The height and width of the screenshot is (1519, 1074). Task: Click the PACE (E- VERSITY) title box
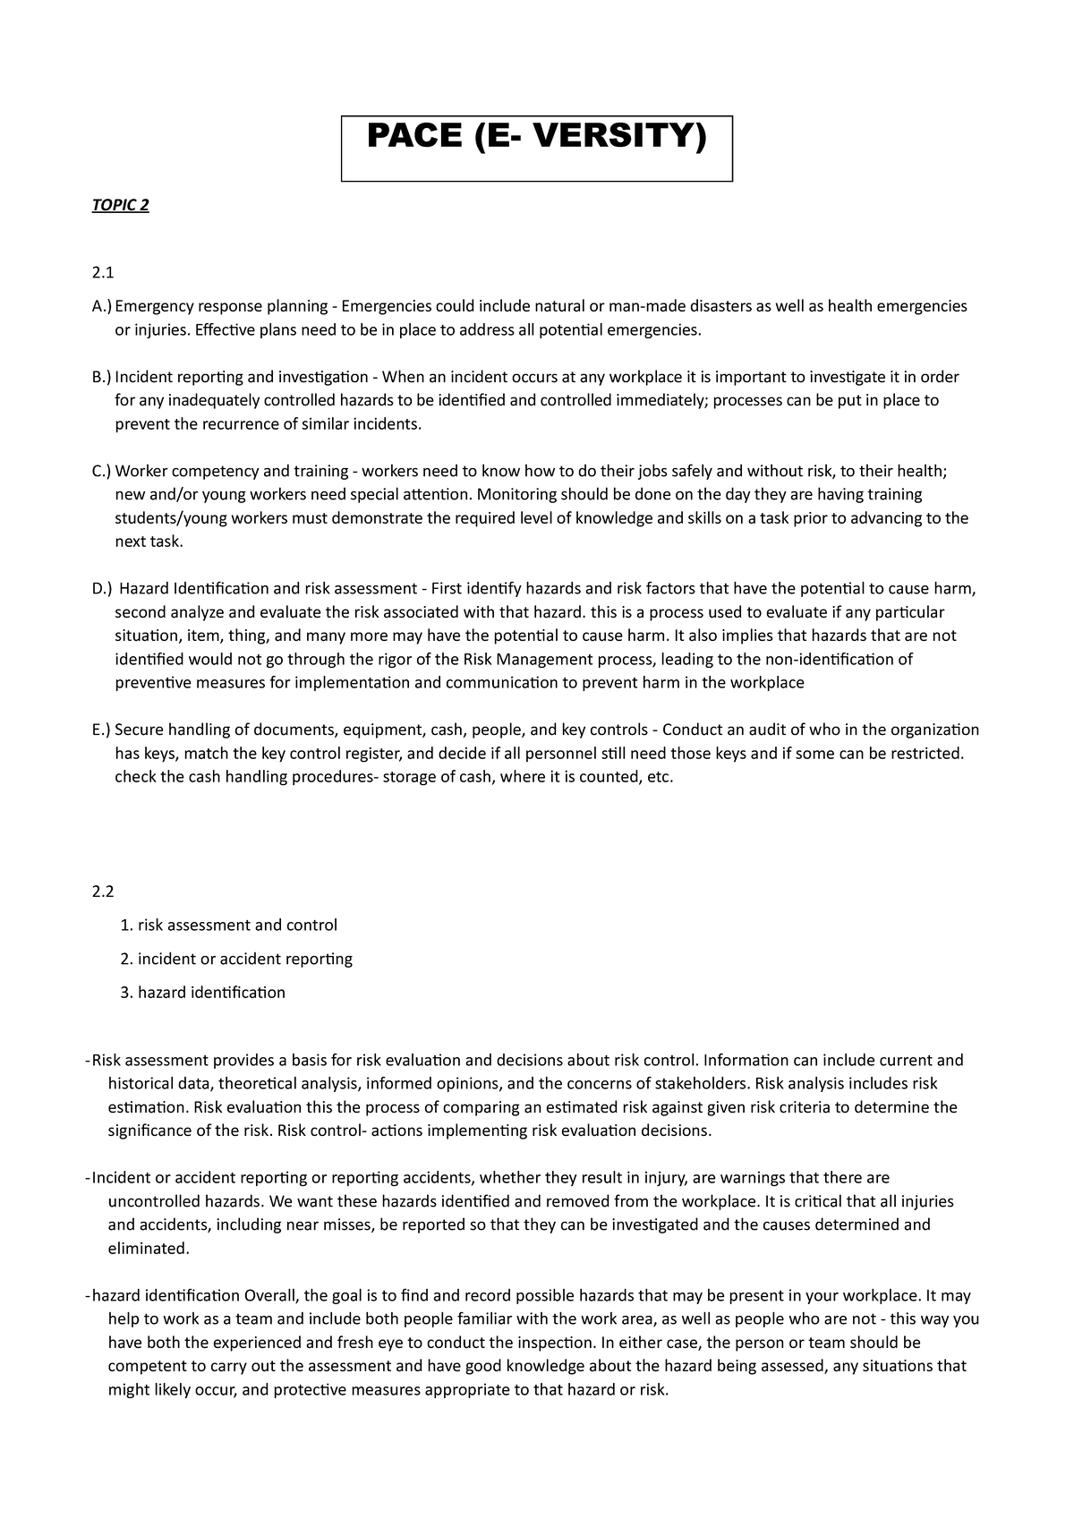[x=537, y=148]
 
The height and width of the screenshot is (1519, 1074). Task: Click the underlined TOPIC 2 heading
[x=120, y=206]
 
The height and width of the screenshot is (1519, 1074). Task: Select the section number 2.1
[x=104, y=272]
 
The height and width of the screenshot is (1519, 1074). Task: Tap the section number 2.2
[x=104, y=892]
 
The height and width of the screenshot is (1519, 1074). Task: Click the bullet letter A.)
[x=102, y=307]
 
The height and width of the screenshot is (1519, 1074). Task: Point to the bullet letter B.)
[x=102, y=378]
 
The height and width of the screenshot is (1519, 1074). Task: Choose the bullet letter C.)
[x=102, y=472]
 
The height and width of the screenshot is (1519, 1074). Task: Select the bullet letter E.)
[x=102, y=730]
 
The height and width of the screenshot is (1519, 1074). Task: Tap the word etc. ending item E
[x=659, y=777]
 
